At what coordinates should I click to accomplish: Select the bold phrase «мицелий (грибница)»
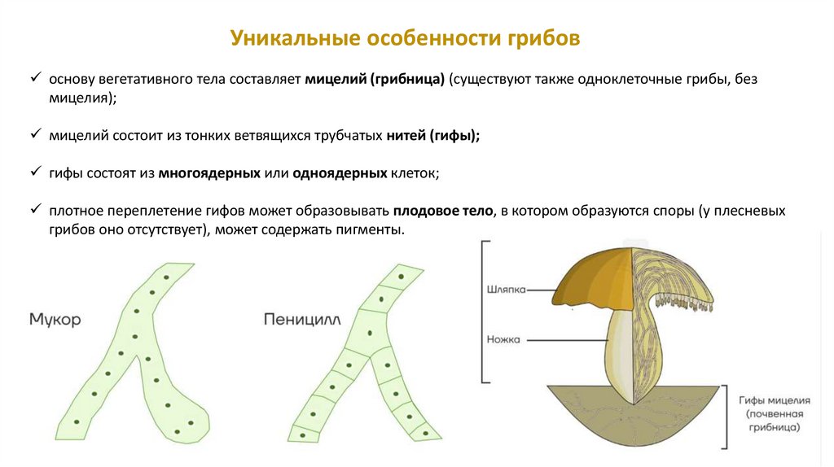pos(375,80)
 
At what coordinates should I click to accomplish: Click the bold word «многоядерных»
pos(210,173)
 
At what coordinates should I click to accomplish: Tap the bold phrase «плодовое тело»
pos(443,211)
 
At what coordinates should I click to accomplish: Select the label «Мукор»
pos(55,320)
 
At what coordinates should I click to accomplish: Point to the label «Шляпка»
pos(506,289)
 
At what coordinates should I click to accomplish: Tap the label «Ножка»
pos(503,339)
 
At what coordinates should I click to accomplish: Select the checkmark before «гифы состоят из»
pos(35,172)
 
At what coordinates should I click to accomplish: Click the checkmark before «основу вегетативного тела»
pos(35,79)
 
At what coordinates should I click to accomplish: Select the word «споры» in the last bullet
pos(677,211)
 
